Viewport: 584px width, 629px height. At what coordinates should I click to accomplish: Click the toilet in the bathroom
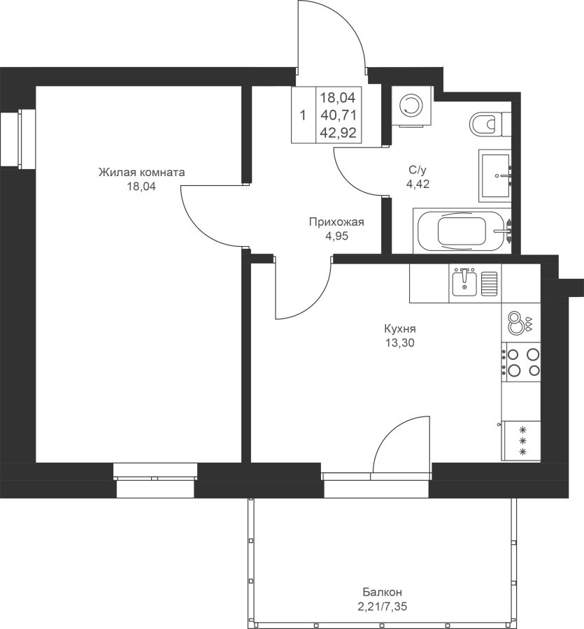pos(490,124)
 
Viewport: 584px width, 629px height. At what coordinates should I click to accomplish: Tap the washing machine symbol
pos(412,106)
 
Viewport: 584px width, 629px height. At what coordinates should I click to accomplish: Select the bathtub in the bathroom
pos(462,231)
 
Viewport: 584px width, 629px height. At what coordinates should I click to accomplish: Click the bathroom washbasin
pos(495,175)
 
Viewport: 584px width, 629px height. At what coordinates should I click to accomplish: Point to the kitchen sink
pos(464,283)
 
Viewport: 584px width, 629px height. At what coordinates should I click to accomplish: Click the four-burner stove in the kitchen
pos(520,361)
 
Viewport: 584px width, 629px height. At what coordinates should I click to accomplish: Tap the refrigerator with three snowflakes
pos(521,441)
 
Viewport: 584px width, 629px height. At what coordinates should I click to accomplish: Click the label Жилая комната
pos(142,173)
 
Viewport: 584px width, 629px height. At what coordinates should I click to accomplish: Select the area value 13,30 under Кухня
pos(400,342)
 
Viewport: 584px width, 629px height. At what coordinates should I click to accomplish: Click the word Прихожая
pos(336,222)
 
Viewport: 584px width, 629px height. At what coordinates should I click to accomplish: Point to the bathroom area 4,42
pos(418,184)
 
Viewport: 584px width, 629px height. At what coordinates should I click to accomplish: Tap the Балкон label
pos(382,592)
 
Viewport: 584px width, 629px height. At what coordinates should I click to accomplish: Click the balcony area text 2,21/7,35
pos(382,606)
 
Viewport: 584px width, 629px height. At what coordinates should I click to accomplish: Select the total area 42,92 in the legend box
pos(339,132)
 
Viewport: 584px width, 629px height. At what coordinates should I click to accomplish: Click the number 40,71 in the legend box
pos(339,115)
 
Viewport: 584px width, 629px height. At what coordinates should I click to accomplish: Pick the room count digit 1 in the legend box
pos(303,115)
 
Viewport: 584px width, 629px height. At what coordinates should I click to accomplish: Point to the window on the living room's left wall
pos(17,139)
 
